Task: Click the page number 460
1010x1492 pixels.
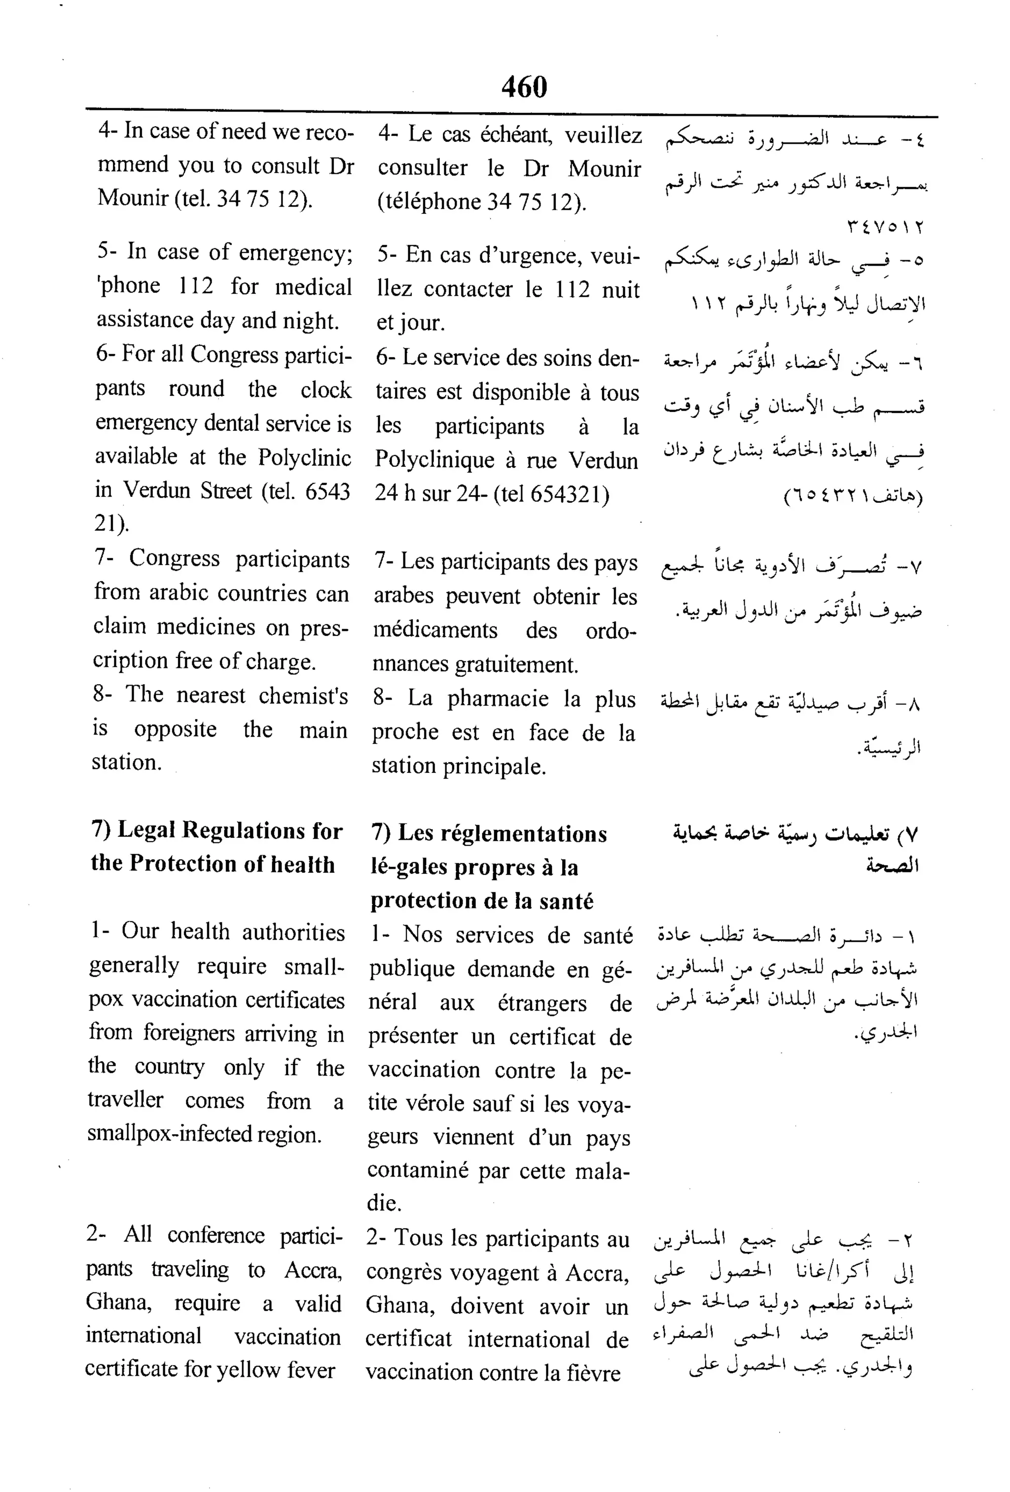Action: pyautogui.click(x=524, y=87)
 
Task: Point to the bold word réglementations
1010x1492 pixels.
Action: pyautogui.click(x=503, y=834)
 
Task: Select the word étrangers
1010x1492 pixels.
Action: pyautogui.click(x=541, y=1003)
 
